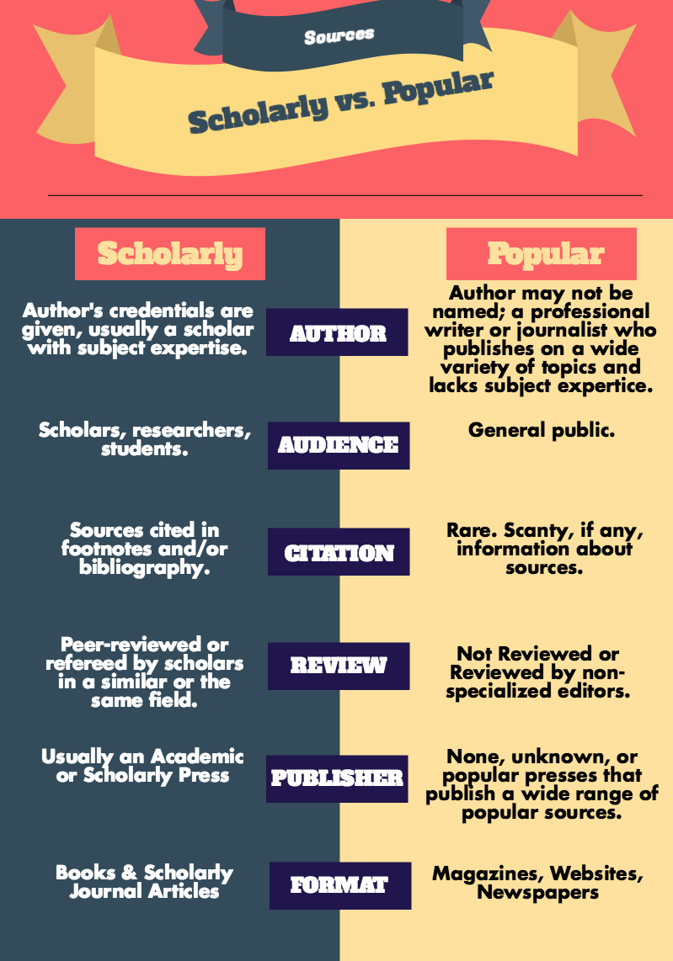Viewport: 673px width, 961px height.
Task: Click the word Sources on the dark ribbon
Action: coord(339,36)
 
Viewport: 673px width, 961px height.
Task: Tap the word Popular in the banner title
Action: coord(438,88)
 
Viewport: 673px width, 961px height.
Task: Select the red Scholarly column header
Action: coord(170,254)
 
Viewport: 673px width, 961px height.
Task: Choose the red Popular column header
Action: coord(541,254)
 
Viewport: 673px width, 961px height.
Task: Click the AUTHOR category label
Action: coord(337,332)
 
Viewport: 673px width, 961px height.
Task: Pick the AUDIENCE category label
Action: coord(339,445)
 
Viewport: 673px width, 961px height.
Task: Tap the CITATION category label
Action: coord(339,551)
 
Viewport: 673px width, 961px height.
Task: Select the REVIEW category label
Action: coord(339,666)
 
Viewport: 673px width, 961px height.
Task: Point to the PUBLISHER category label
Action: coord(337,779)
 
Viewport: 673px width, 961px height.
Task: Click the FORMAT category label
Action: coord(340,885)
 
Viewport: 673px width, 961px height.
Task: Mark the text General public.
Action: coord(541,430)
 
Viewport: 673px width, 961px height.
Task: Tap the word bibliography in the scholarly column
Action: coord(144,568)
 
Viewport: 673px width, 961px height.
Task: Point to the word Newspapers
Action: coord(538,892)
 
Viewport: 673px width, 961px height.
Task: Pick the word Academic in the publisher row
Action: coord(197,757)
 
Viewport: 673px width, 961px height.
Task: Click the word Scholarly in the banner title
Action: coord(257,111)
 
